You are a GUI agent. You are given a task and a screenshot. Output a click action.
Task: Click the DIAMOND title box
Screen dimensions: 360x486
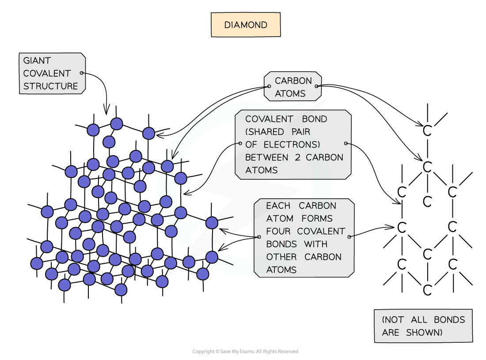click(246, 25)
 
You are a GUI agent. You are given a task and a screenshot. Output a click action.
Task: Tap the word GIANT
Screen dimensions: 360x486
click(37, 61)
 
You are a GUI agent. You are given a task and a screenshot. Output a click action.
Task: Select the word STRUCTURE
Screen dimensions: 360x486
click(50, 86)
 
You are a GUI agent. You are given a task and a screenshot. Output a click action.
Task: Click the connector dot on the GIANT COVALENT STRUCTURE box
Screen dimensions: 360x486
click(82, 73)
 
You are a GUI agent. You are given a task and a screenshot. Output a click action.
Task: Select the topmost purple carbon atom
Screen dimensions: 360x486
click(117, 124)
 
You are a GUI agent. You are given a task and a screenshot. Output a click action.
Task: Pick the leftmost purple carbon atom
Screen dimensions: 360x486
click(37, 264)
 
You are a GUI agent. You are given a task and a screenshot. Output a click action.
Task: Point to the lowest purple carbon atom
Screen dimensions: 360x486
click(121, 290)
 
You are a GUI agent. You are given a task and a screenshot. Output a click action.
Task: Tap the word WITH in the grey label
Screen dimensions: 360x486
click(316, 244)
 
